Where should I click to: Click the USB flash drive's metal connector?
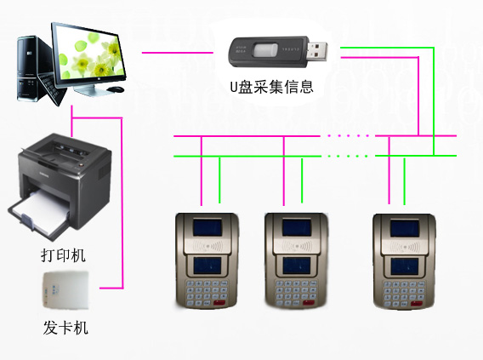pyautogui.click(x=317, y=51)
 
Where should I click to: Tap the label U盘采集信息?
pyautogui.click(x=272, y=87)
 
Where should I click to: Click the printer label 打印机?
pyautogui.click(x=63, y=255)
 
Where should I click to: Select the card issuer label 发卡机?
pyautogui.click(x=65, y=328)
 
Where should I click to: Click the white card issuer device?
pyautogui.click(x=65, y=290)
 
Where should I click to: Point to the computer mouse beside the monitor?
pyautogui.click(x=116, y=89)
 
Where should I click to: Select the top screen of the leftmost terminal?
pyautogui.click(x=207, y=228)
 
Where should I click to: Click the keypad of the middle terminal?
pyautogui.click(x=296, y=293)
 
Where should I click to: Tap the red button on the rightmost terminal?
pyautogui.click(x=416, y=303)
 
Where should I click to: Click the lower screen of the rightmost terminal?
pyautogui.click(x=405, y=266)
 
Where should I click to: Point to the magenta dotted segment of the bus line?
pyautogui.click(x=348, y=135)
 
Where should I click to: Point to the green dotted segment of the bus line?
pyautogui.click(x=348, y=156)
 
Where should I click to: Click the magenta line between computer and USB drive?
pyautogui.click(x=178, y=53)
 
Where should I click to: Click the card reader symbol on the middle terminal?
pyautogui.click(x=296, y=246)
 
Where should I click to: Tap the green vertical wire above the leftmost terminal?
pyautogui.click(x=219, y=180)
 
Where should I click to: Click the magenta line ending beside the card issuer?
pyautogui.click(x=111, y=289)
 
